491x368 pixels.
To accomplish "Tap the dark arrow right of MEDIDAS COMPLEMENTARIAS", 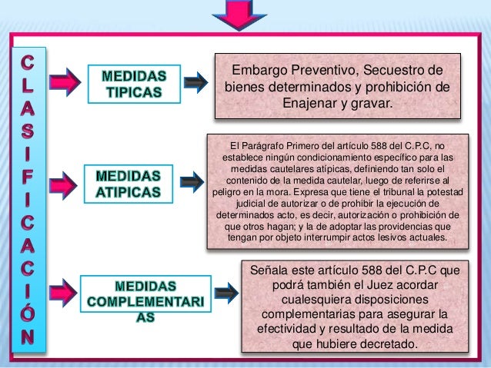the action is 225,293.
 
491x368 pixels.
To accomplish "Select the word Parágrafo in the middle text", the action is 268,144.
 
